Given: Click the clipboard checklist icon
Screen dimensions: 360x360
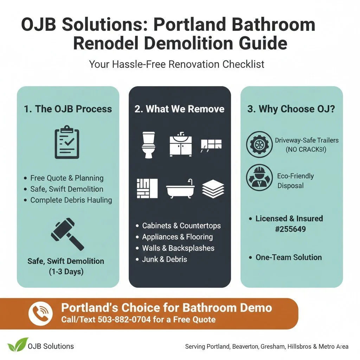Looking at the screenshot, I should (67, 143).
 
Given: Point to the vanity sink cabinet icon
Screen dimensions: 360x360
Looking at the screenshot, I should (181, 144).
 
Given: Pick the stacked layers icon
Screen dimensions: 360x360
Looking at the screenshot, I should (213, 188).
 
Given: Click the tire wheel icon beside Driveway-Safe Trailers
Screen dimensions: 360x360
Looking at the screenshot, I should (259, 144).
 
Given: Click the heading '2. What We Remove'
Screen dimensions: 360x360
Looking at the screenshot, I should (179, 109).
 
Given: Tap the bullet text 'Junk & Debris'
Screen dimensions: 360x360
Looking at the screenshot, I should (165, 259).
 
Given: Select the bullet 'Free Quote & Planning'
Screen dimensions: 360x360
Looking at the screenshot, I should (67, 178).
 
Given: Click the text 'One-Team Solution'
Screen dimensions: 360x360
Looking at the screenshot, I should (288, 257).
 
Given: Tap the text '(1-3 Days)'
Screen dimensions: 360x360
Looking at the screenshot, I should (65, 272).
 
